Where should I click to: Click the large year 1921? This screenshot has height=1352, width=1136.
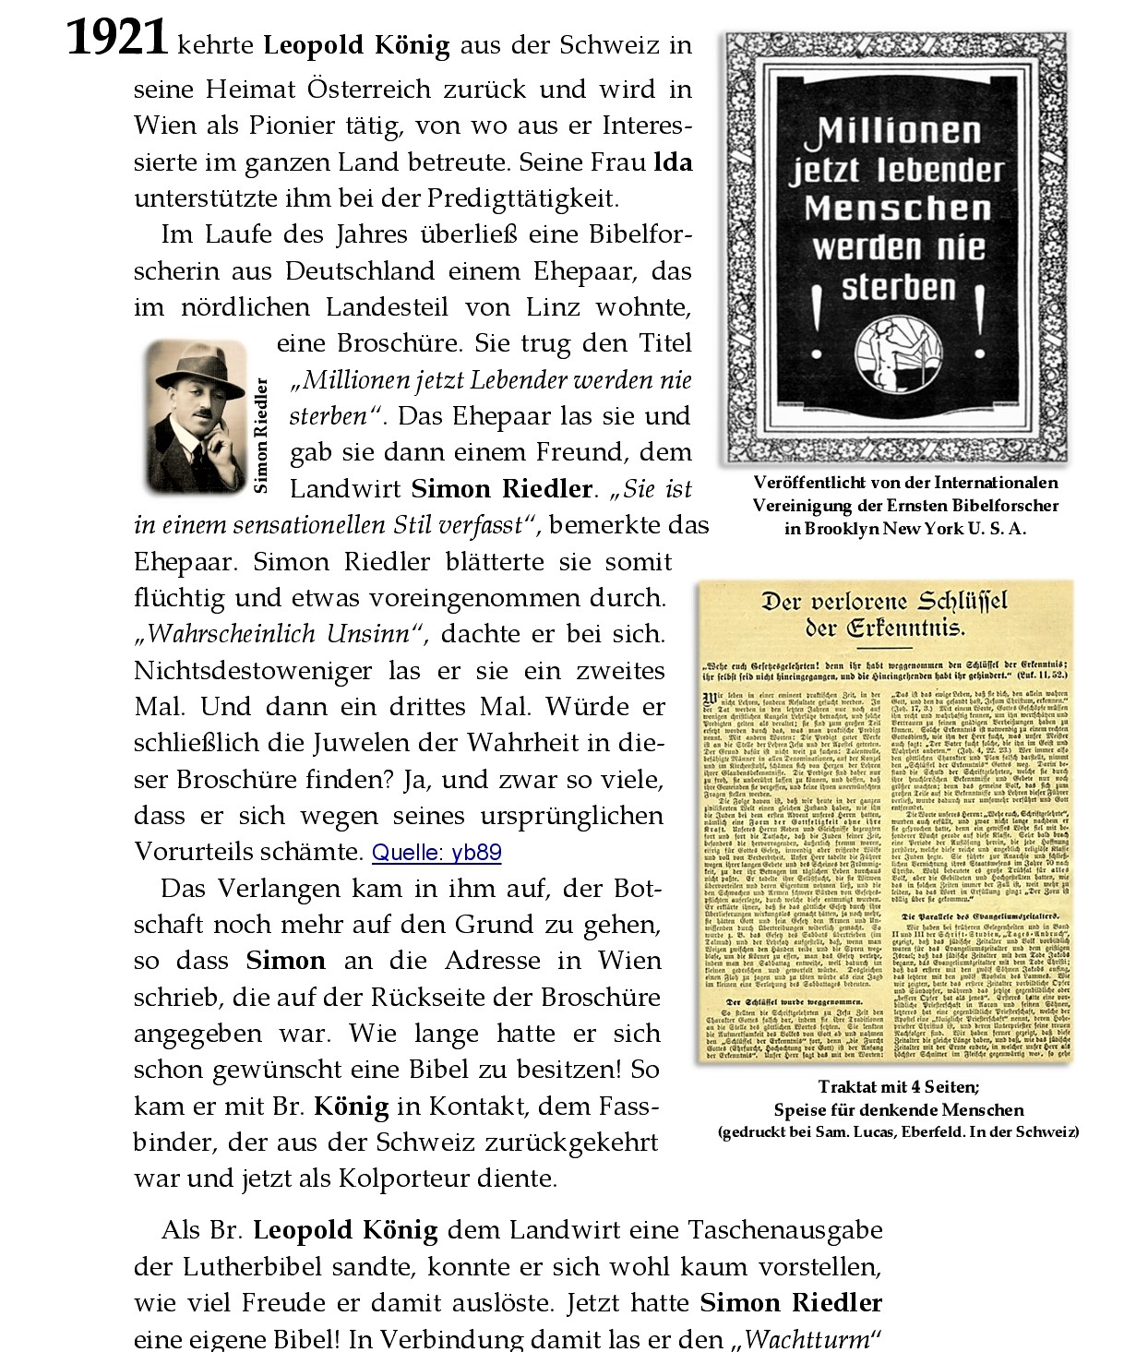coord(116,40)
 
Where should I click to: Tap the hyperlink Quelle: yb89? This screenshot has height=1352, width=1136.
coord(436,852)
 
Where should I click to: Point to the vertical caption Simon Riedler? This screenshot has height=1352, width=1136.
coord(261,435)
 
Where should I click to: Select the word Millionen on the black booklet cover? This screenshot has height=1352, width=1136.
coord(893,132)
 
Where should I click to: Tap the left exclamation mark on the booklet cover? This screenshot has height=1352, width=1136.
coord(815,323)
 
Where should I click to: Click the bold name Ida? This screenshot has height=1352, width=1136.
coord(673,162)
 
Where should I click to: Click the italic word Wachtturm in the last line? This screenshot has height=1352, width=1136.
coord(807,1339)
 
